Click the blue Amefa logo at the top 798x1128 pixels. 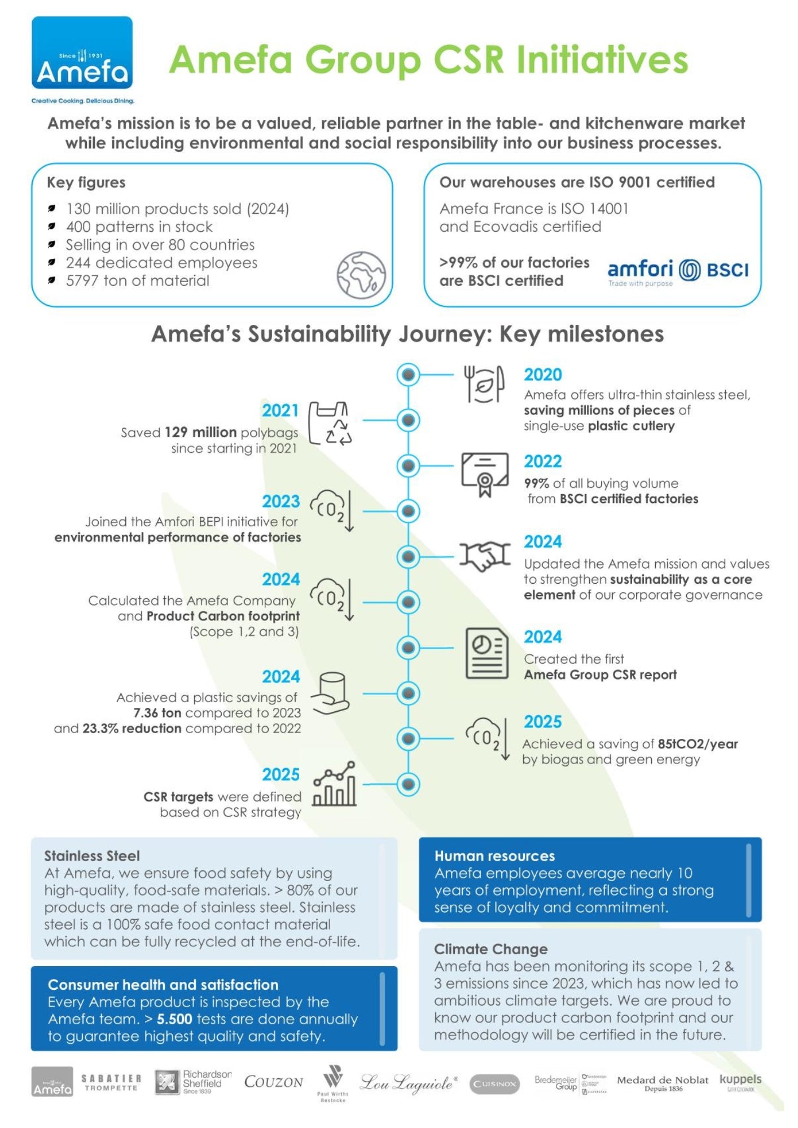coord(82,54)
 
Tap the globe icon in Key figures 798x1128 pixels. coord(361,275)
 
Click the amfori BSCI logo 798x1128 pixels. coord(678,272)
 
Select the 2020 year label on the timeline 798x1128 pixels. coord(542,374)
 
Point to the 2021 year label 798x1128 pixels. coord(280,410)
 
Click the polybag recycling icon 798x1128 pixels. coord(330,424)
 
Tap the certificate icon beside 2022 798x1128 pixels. coord(485,474)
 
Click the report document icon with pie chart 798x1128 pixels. coord(486,653)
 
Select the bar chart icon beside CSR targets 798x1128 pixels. coord(335,784)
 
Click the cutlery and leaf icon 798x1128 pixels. coord(484,384)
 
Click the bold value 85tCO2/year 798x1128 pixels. coord(698,744)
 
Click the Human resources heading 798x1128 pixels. coord(494,856)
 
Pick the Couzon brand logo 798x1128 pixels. coord(274,1082)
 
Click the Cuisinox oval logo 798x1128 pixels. coord(494,1083)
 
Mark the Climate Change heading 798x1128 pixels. coord(490,949)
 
